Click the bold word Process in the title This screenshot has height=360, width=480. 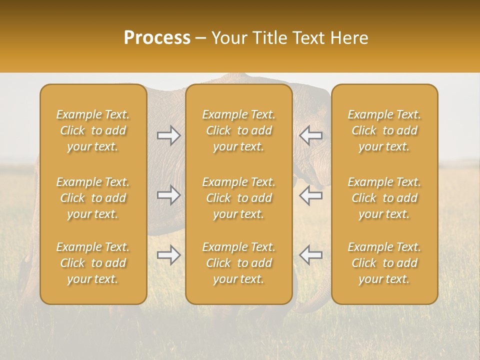pos(157,38)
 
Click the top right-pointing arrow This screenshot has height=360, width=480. pos(169,135)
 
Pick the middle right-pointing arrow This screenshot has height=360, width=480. pos(169,195)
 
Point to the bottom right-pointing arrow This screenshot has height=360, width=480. pos(169,255)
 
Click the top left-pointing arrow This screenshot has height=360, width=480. pos(311,135)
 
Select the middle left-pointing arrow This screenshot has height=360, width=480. pos(311,195)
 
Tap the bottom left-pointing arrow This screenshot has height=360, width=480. pos(311,255)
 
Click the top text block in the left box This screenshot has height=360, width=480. pos(93,130)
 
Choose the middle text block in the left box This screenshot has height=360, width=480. pos(93,198)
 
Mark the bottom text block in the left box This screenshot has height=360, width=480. pos(93,263)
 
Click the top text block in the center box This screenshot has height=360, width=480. pos(239,130)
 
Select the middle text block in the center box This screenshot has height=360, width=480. pos(239,198)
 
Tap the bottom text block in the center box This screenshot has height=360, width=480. pos(239,263)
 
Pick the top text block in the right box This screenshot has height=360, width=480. pos(384,130)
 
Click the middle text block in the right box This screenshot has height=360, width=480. pos(384,198)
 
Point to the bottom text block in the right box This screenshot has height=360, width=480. pos(384,263)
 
